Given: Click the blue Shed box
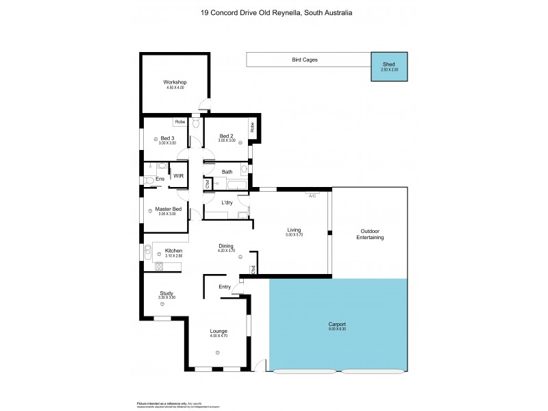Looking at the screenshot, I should (389, 67).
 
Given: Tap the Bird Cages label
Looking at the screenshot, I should (304, 60).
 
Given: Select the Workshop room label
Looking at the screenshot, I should (175, 82).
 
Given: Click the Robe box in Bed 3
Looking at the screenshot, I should (179, 122).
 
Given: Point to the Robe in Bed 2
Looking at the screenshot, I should (252, 127).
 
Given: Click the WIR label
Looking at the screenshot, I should (178, 176).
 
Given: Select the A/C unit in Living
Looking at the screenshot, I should (312, 195).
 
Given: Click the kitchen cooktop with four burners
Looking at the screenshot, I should (160, 266).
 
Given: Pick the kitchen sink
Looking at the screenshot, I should (147, 253).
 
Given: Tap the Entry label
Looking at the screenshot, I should (224, 286).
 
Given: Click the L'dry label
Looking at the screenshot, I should (228, 202).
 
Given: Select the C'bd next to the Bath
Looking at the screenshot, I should (208, 184).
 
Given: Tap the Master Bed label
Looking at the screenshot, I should (168, 209).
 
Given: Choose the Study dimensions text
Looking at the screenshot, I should (167, 297).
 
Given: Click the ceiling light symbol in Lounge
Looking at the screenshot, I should (219, 352).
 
